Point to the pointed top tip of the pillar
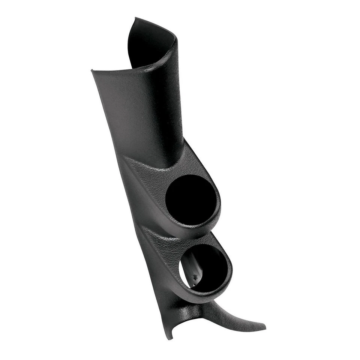tap(136, 18)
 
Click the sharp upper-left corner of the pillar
tap(92, 70)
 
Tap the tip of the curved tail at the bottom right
tap(264, 327)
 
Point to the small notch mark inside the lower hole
tap(195, 276)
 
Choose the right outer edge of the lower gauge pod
tap(232, 270)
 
